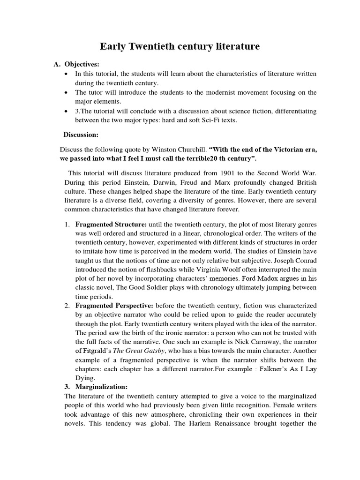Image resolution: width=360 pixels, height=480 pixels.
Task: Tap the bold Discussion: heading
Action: (x=81, y=135)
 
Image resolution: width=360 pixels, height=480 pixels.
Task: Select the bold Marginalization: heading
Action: (x=101, y=387)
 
